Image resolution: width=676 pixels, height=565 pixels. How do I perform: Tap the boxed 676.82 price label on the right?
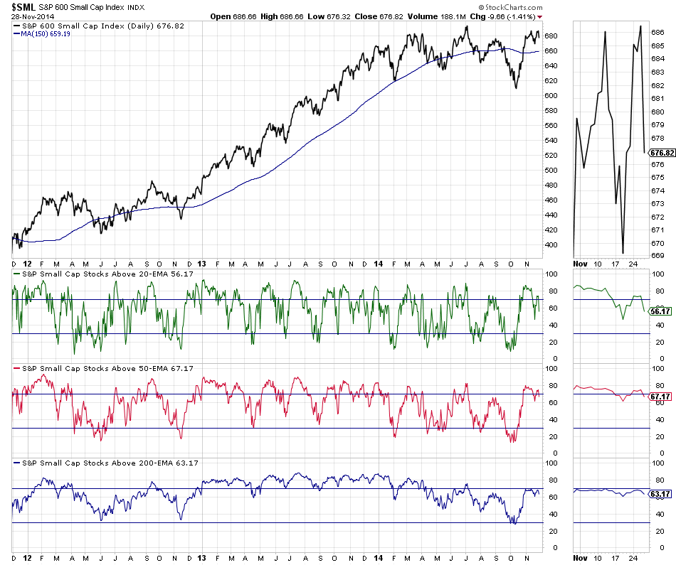(x=662, y=153)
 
